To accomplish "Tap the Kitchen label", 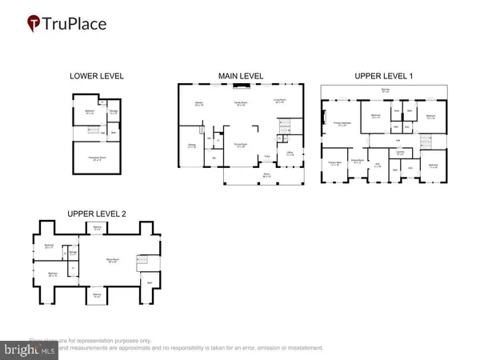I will [198, 103].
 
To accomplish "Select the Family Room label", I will [238, 104].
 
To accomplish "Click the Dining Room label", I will [238, 145].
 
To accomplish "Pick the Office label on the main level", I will [289, 154].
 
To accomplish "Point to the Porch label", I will [265, 174].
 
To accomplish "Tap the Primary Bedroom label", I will [346, 125].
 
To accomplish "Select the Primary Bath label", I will [334, 163].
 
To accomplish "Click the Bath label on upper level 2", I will [149, 282].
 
